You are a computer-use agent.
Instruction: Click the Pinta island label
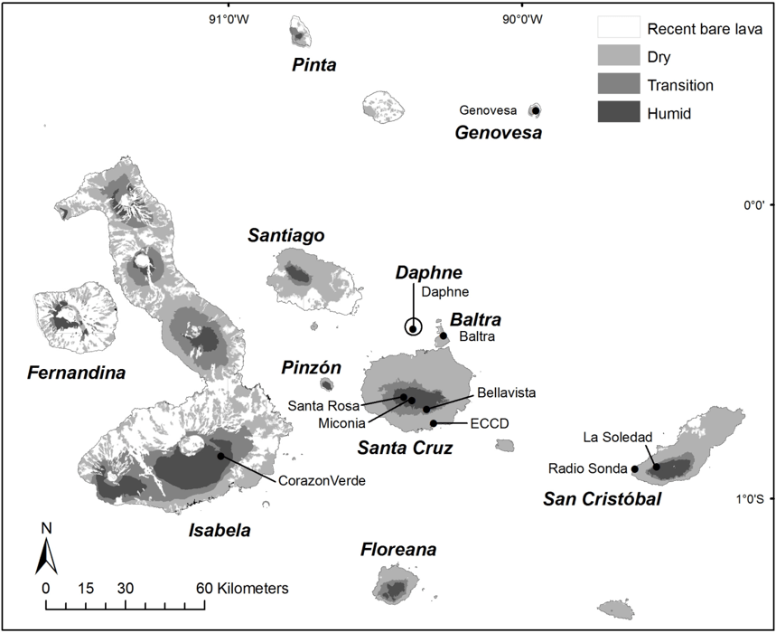[314, 65]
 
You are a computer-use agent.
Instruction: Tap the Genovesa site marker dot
[536, 110]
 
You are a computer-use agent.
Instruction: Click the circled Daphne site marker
[413, 328]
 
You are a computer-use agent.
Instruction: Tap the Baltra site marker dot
[444, 336]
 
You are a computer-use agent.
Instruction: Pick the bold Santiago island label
[286, 236]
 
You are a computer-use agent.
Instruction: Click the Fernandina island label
[76, 373]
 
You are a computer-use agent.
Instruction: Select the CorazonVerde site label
[322, 481]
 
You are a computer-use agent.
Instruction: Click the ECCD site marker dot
[434, 423]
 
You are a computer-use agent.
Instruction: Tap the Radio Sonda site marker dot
[634, 469]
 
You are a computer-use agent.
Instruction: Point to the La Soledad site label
[617, 438]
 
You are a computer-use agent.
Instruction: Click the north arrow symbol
[46, 550]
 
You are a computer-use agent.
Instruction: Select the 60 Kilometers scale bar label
[246, 589]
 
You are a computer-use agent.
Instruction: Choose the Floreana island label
[398, 550]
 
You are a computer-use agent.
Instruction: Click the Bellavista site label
[506, 392]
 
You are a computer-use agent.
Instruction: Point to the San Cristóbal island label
[602, 499]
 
